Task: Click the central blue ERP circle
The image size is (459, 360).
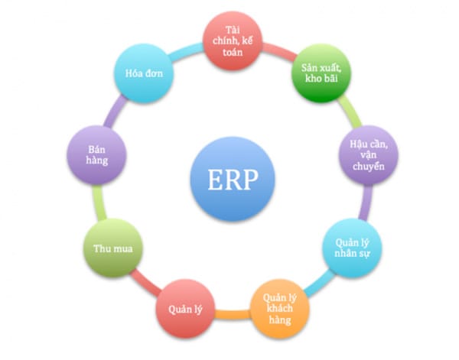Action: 233,179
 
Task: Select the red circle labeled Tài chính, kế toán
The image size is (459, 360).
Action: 233,41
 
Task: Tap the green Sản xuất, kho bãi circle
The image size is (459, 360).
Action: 321,73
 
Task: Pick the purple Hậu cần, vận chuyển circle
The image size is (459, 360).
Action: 369,155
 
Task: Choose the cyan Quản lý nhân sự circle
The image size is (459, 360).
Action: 352,248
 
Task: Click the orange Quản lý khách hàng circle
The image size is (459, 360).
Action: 280,309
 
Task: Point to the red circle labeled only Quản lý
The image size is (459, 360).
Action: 185,309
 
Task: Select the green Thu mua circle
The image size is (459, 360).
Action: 113,248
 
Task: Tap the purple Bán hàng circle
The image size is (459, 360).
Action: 96,155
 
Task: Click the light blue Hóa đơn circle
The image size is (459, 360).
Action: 144,73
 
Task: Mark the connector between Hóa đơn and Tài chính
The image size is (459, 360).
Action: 187,52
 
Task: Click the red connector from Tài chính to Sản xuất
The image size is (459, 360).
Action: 279,51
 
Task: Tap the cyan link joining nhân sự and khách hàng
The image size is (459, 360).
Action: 319,283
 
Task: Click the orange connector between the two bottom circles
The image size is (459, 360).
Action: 233,315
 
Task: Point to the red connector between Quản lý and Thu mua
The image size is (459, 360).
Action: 145,282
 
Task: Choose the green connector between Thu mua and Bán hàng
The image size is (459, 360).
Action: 99,203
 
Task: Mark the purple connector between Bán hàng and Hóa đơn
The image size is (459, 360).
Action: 115,112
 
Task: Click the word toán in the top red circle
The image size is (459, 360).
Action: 233,52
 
